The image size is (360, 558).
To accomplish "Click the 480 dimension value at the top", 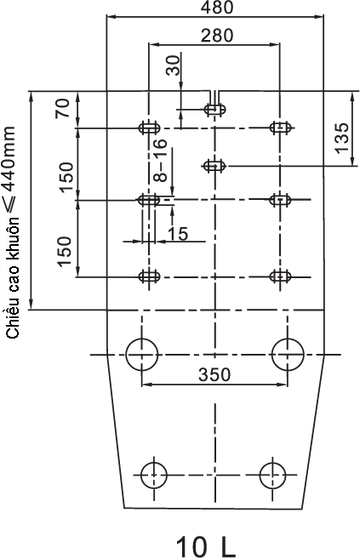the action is click(217, 7).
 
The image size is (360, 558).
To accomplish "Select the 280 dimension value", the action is click(217, 36).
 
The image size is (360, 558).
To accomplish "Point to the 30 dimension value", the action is click(174, 65).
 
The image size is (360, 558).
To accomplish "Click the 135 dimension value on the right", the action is click(342, 138).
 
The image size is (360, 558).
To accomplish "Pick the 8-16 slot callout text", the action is click(160, 160).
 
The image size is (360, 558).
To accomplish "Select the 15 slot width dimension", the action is click(177, 233).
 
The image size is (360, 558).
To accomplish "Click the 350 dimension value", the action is click(214, 374).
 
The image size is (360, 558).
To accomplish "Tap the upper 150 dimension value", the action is click(66, 177).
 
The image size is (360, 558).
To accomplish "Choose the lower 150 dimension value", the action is click(65, 251).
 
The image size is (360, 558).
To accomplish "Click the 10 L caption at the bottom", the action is click(206, 546).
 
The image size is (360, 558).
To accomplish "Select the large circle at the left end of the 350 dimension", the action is click(126, 355).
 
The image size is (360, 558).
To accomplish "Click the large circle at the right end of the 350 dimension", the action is click(272, 355).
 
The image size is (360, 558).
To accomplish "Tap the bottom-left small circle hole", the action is click(141, 475).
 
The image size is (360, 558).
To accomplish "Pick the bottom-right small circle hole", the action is click(260, 475).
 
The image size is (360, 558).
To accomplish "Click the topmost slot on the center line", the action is click(215, 109).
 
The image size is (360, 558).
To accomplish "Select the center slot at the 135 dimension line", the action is click(214, 166).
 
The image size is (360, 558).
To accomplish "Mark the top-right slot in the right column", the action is click(282, 127).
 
